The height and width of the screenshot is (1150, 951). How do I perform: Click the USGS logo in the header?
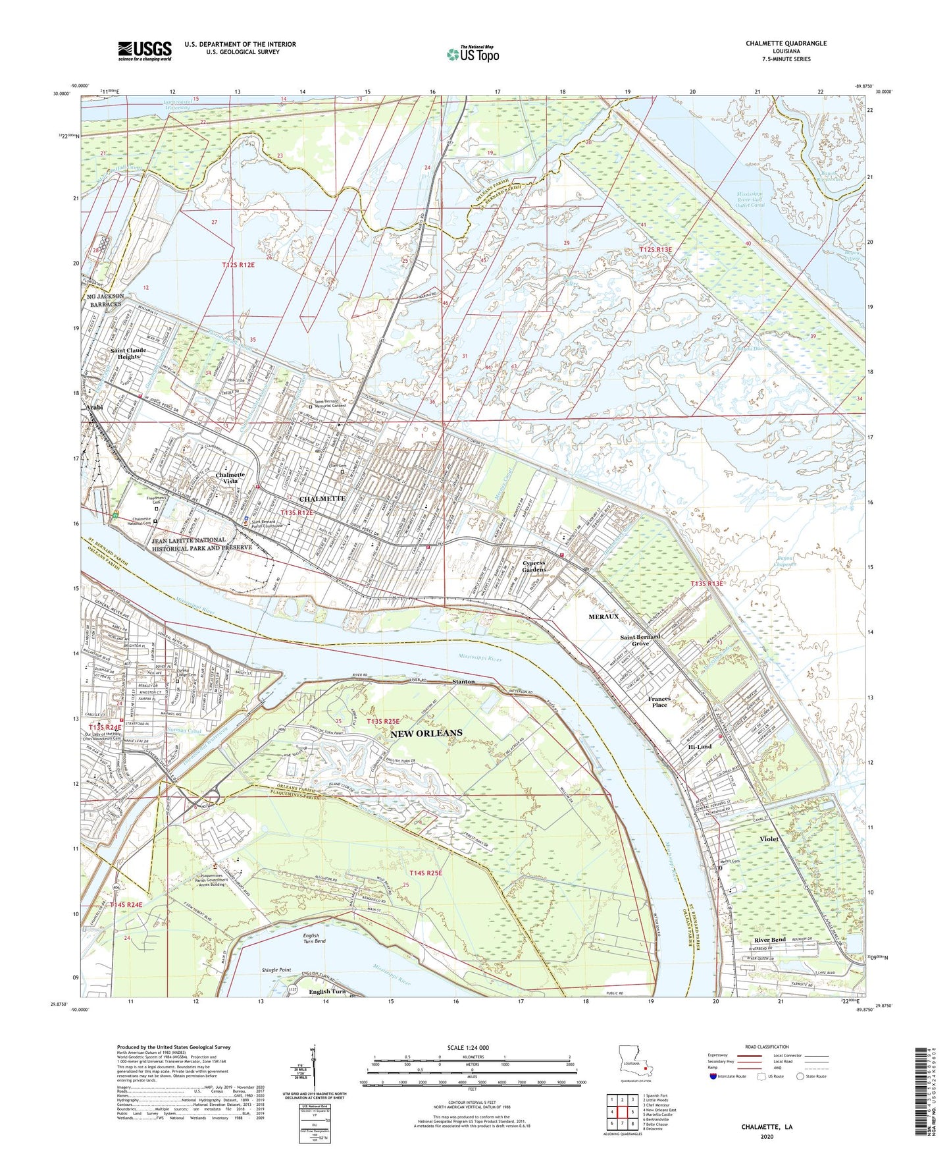pos(145,51)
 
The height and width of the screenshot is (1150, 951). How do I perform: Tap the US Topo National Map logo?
pos(472,54)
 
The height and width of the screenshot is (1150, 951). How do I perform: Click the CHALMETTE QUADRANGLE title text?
pos(786,43)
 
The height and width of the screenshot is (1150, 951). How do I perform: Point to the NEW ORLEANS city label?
pos(426,733)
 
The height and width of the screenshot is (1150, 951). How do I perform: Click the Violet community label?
pos(769,839)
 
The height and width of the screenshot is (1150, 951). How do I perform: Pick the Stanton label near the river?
pos(463,682)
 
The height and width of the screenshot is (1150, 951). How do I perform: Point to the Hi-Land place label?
pos(700,747)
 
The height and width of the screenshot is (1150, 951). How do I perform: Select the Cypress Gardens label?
pos(534,566)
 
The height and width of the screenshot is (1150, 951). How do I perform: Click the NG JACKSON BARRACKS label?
pos(105,301)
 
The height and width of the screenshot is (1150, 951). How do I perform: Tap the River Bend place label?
pos(770,940)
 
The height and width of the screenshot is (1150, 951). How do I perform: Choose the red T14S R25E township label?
pos(426,873)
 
